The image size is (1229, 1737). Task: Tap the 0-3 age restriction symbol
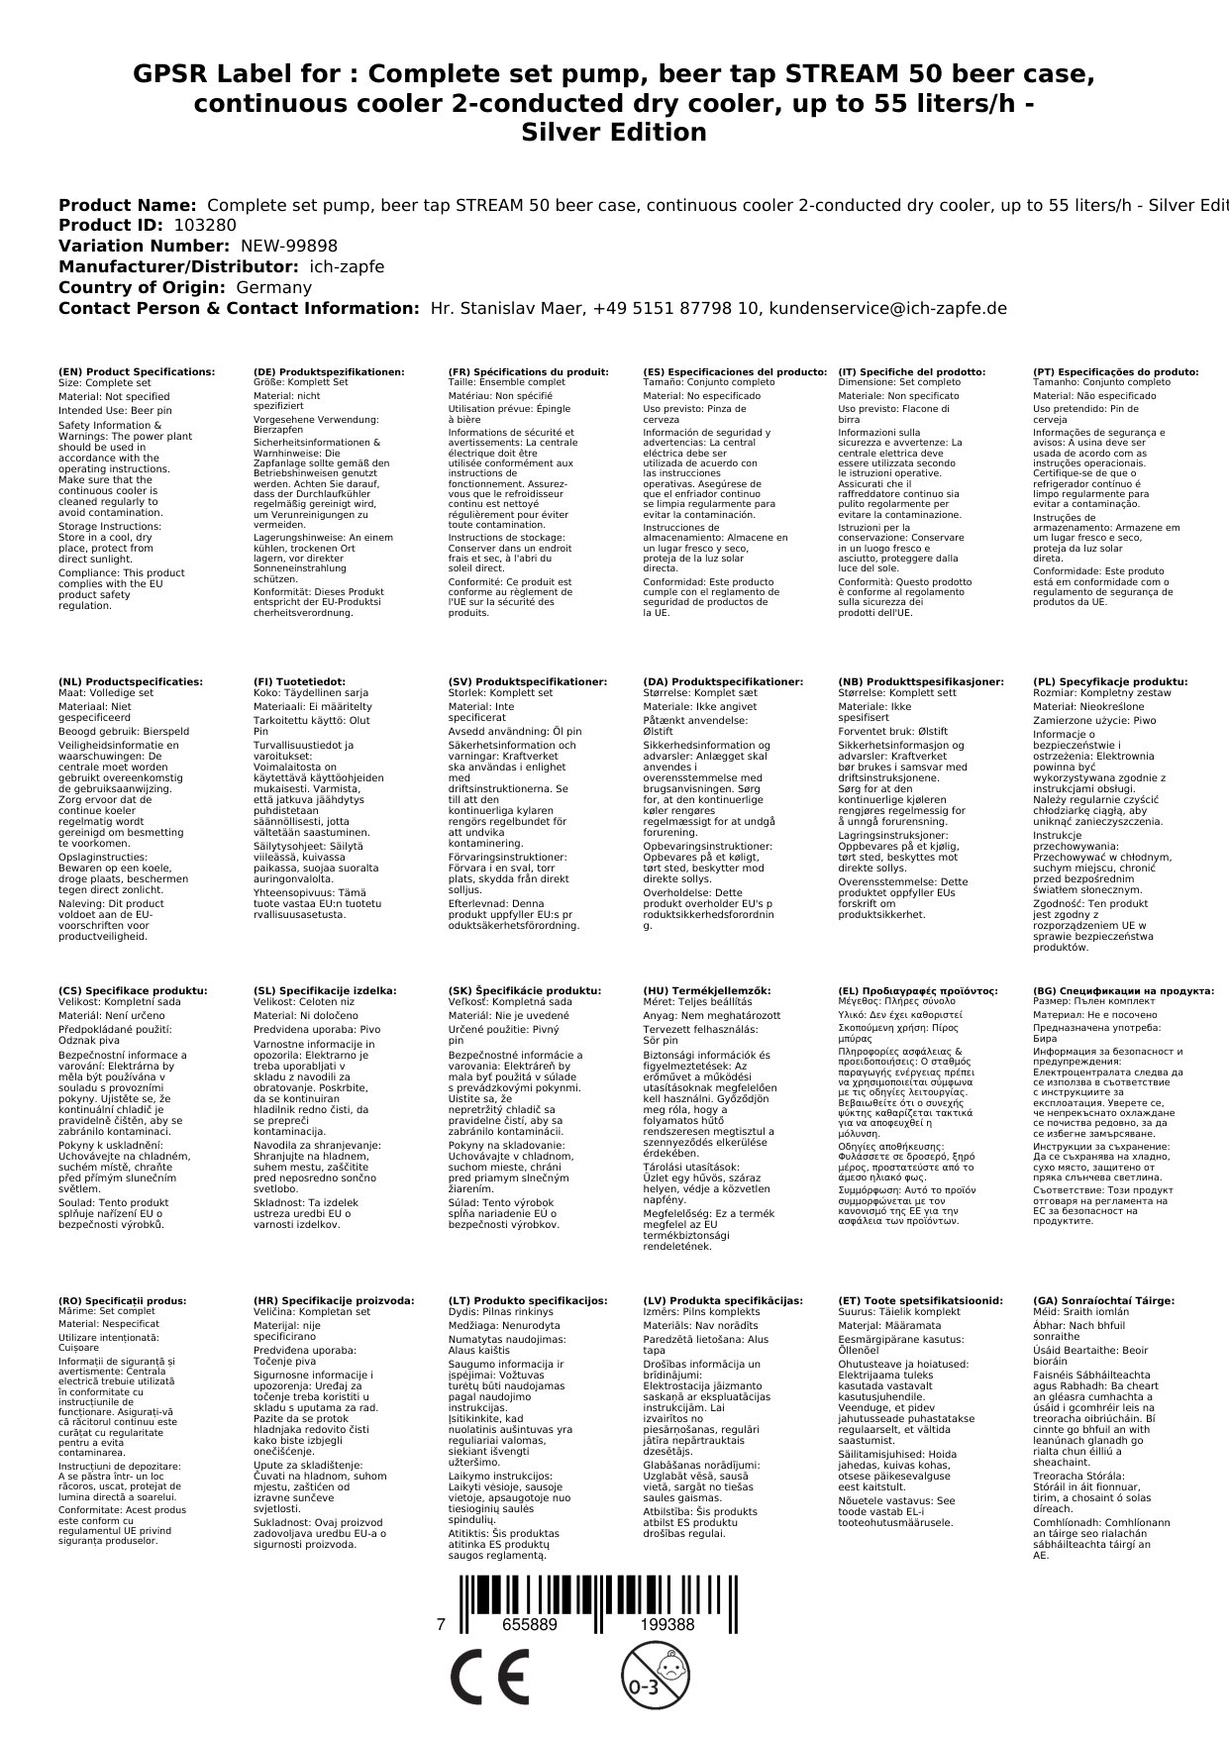(x=646, y=1680)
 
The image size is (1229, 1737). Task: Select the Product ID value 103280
(x=204, y=226)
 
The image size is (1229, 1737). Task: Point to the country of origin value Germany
(x=272, y=287)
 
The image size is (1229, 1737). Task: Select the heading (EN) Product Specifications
(x=137, y=372)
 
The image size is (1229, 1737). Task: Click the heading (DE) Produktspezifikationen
(x=329, y=372)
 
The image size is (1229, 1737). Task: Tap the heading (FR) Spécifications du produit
(x=528, y=372)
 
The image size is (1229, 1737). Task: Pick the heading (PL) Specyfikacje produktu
(x=1109, y=682)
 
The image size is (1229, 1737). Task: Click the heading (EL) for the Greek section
(x=917, y=990)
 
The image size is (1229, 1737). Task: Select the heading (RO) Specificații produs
(x=122, y=1300)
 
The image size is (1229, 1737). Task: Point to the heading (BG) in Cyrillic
(x=1123, y=990)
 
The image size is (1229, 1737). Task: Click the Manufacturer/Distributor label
(x=178, y=267)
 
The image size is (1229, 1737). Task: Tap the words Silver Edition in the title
(x=614, y=133)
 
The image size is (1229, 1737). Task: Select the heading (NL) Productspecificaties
(x=131, y=682)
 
